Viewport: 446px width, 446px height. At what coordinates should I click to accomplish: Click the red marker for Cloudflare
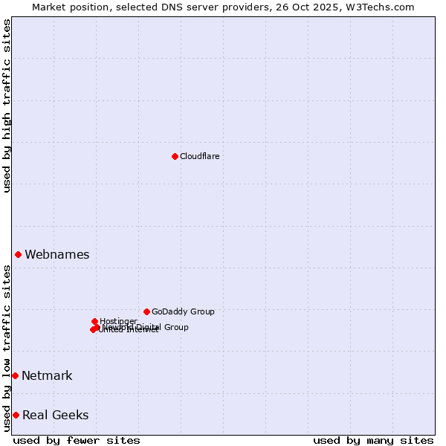point(175,156)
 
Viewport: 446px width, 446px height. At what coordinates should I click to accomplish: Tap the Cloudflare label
point(199,156)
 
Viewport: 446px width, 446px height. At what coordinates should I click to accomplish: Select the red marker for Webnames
point(18,254)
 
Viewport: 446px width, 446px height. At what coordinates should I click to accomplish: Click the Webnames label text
point(56,254)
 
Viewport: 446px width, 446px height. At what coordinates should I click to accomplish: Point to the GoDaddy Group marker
point(146,311)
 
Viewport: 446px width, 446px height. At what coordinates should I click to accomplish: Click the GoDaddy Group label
point(183,311)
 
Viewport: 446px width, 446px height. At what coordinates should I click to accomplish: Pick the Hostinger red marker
point(94,321)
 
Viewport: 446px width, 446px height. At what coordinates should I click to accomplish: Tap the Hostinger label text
point(118,321)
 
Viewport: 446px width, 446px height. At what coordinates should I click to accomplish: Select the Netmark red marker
point(15,375)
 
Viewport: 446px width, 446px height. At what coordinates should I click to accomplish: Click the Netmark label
point(47,375)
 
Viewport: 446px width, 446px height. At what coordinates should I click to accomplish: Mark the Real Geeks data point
point(16,415)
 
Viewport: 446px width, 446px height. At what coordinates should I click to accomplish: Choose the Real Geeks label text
point(55,415)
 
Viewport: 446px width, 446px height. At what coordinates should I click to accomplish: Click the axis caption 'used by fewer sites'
point(77,440)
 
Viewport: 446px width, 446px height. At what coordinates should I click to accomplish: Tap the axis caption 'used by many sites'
point(373,440)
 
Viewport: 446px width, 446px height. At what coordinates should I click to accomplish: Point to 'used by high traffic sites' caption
point(7,106)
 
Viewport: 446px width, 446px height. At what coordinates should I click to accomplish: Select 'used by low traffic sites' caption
point(7,348)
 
